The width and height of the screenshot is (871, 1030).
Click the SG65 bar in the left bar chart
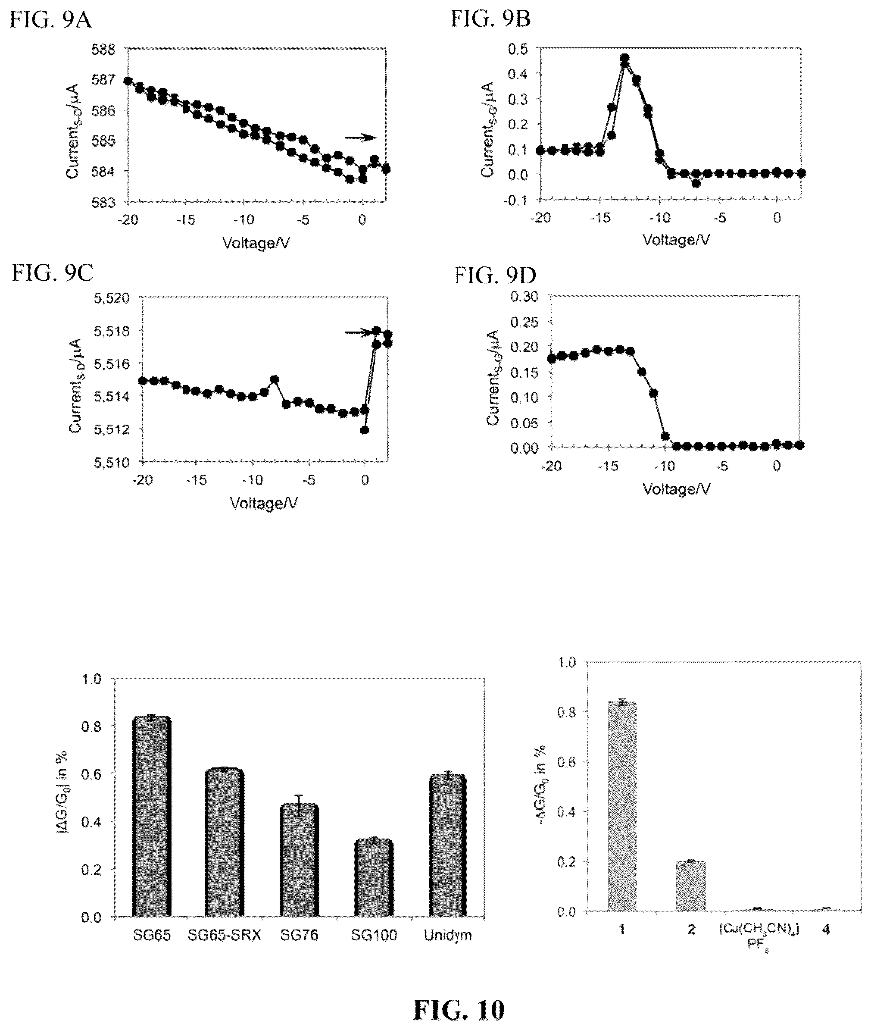[152, 817]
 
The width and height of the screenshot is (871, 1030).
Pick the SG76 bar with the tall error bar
[299, 861]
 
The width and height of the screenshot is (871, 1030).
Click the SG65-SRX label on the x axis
[224, 935]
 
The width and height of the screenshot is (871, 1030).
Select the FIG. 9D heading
[495, 276]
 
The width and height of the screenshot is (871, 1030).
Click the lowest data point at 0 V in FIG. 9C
[365, 430]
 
